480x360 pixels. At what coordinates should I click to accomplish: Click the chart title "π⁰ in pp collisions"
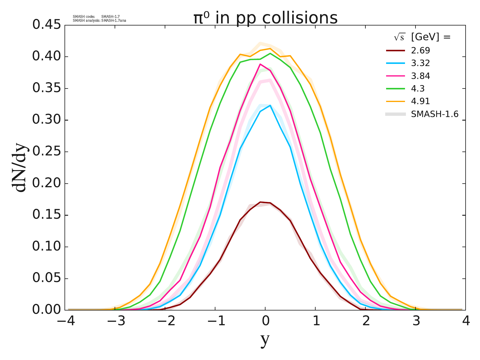coord(265,18)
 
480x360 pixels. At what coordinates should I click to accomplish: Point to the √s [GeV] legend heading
coord(422,37)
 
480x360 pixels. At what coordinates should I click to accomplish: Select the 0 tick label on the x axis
coord(265,321)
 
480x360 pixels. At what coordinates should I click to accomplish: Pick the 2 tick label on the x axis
coord(365,321)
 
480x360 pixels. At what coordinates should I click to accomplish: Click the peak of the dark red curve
coord(260,202)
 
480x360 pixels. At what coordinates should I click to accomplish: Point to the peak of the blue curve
coord(270,105)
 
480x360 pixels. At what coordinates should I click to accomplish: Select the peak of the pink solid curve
coord(260,64)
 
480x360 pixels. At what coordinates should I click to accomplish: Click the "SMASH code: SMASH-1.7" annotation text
coord(96,16)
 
